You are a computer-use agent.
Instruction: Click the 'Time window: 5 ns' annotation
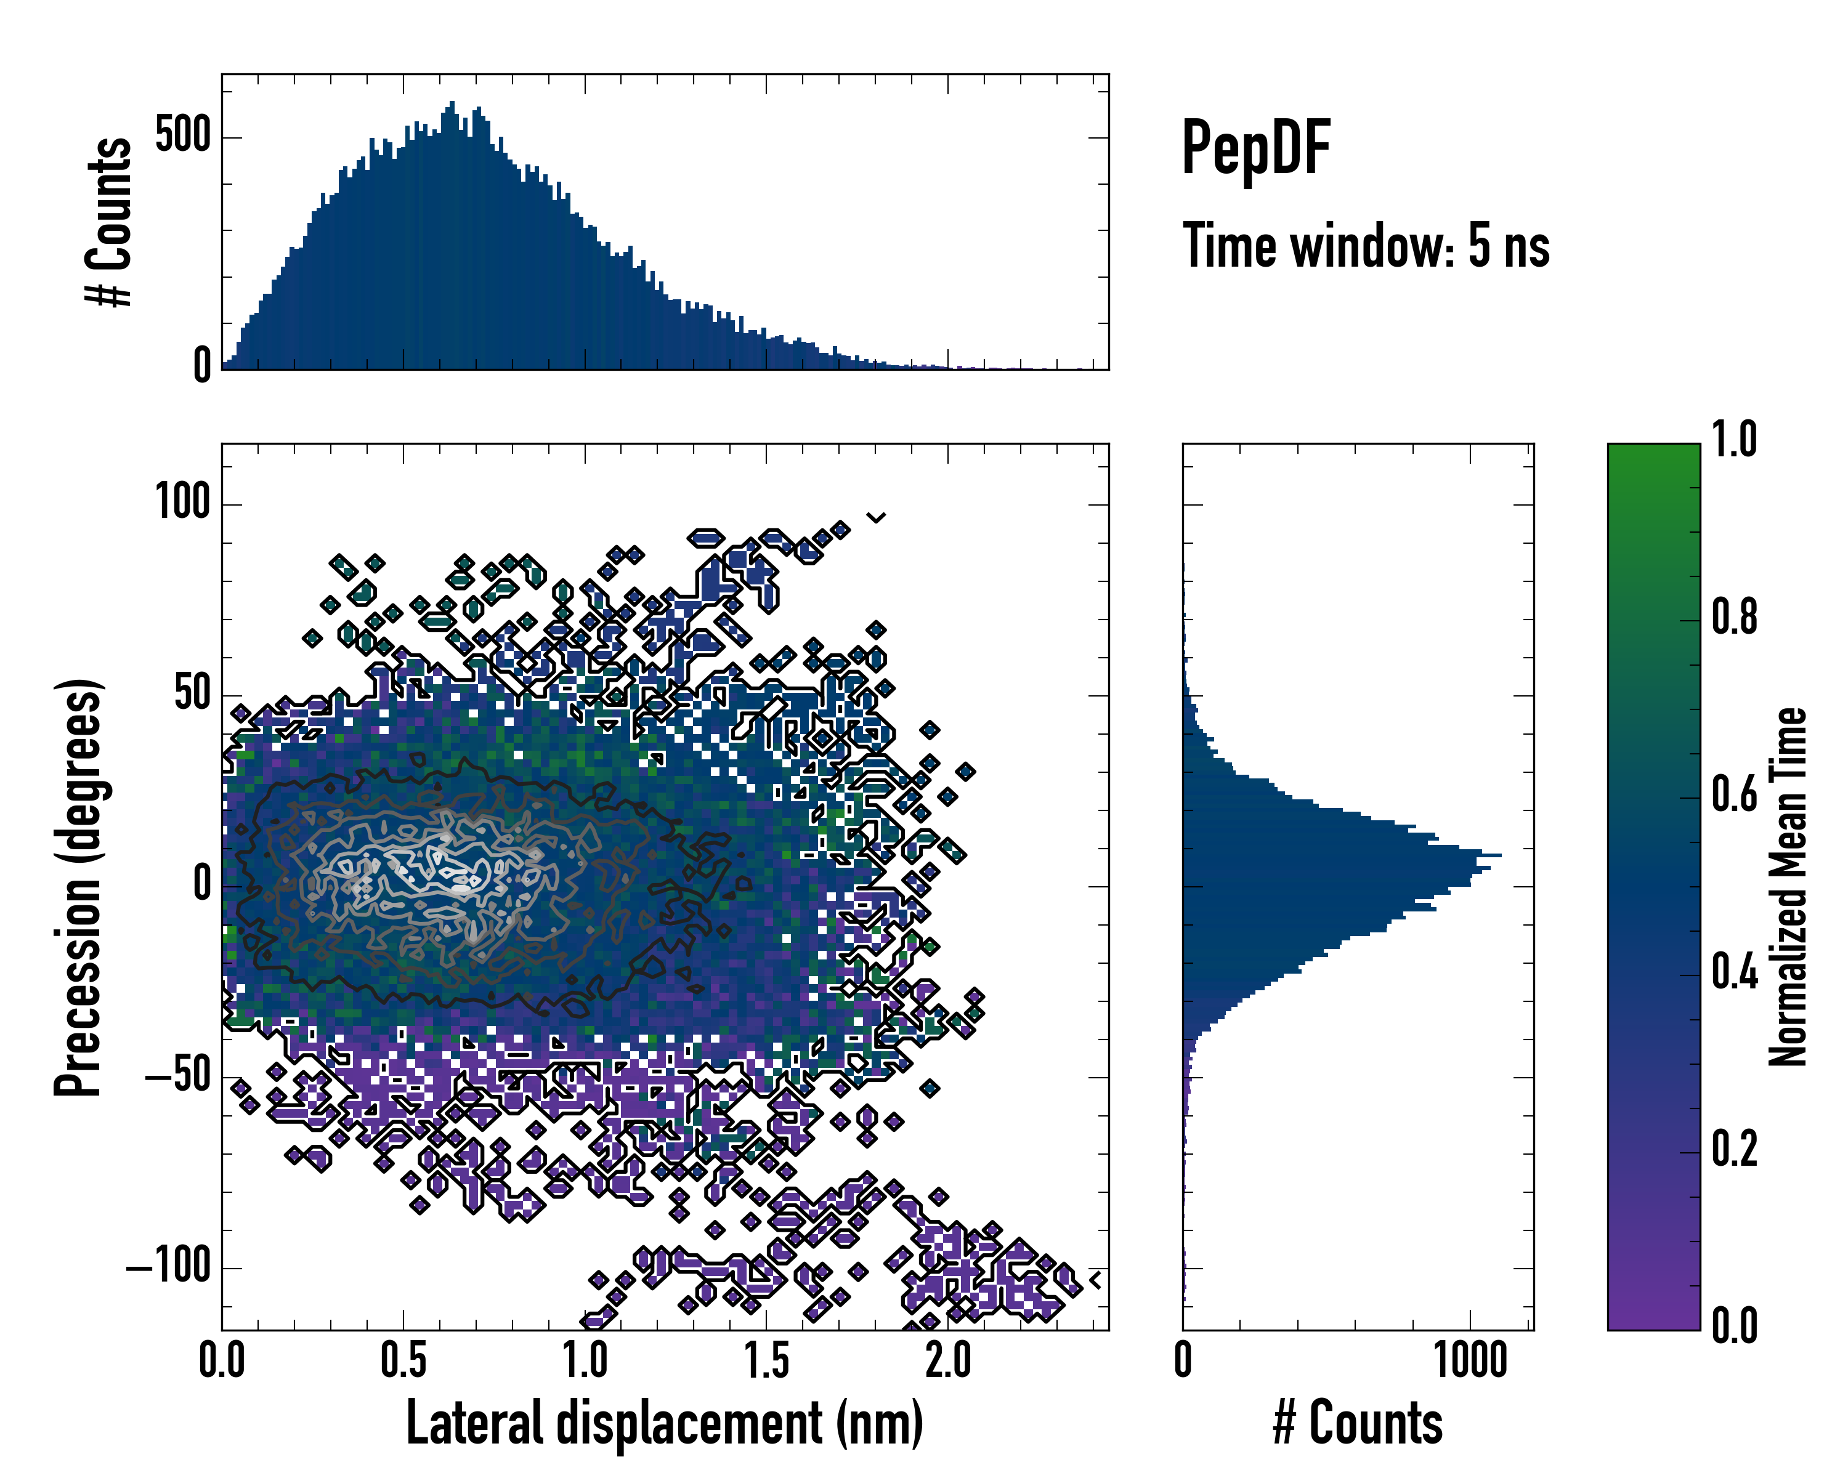point(1366,246)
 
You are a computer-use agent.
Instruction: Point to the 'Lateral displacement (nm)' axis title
point(664,1423)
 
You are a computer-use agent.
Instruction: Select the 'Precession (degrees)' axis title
point(79,887)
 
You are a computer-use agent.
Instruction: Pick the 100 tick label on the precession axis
point(182,503)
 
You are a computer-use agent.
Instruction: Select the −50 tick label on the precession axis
point(177,1076)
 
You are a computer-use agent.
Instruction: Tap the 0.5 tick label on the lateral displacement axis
point(403,1360)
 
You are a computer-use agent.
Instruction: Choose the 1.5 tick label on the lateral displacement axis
point(766,1360)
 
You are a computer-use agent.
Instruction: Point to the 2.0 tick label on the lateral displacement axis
point(948,1360)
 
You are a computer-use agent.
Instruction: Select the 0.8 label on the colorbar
point(1734,618)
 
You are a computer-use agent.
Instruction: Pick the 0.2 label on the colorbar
point(1734,1150)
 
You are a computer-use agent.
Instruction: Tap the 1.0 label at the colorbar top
point(1734,440)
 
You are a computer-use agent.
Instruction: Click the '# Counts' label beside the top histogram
point(109,222)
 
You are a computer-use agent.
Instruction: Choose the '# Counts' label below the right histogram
point(1358,1423)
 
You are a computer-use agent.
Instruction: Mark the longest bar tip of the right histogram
point(1500,855)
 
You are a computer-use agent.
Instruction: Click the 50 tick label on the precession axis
point(193,694)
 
